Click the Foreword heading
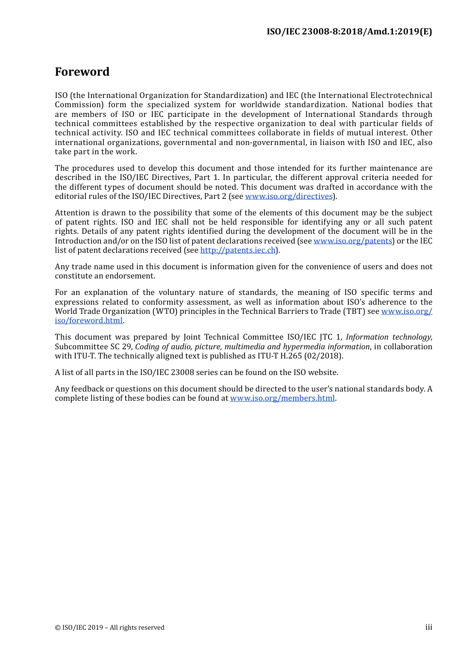[82, 72]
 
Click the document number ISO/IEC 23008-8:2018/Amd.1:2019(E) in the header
[349, 32]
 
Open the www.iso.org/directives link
[289, 196]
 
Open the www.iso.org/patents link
[353, 241]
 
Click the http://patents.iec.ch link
[238, 250]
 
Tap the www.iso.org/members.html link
[282, 398]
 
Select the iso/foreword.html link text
[89, 321]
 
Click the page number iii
[428, 627]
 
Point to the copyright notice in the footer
[110, 628]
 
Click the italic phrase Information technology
[388, 337]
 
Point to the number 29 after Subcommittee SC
[127, 347]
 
